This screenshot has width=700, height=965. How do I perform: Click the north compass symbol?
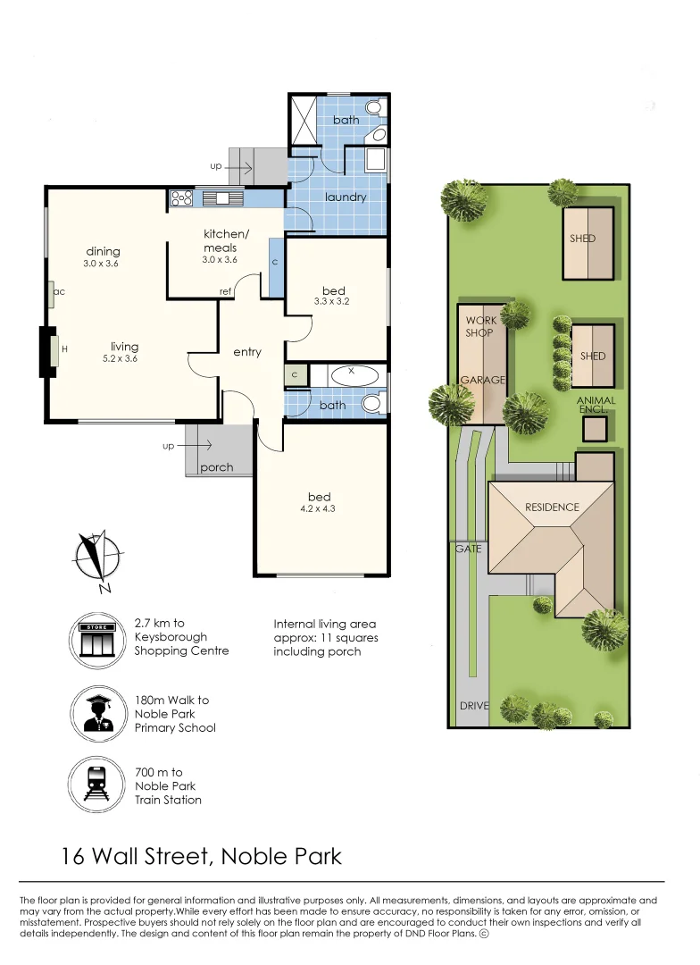(98, 559)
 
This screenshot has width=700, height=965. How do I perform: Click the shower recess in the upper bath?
(304, 120)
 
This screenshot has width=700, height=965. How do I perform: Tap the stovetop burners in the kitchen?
(181, 198)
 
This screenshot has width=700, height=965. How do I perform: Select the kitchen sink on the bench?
(216, 198)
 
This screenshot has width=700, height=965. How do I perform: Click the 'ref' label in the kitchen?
(226, 291)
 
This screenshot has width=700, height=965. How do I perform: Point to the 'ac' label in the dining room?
(59, 291)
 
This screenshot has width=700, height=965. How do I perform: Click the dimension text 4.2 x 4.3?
(317, 509)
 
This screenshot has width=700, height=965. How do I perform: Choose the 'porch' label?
(217, 467)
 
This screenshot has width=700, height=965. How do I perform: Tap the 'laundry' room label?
(346, 197)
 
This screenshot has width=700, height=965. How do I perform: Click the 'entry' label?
(247, 352)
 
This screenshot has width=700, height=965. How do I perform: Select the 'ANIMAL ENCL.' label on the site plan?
(596, 405)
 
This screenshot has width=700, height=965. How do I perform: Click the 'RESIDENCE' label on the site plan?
(552, 508)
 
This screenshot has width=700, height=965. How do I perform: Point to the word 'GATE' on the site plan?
(468, 549)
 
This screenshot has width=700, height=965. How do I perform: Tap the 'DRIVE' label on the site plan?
(474, 706)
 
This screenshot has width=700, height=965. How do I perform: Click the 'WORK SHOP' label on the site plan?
(479, 326)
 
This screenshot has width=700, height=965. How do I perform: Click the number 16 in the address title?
(73, 857)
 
